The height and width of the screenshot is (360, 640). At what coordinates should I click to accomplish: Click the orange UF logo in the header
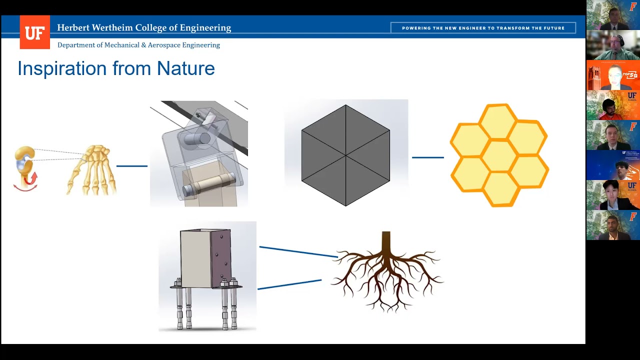(x=34, y=32)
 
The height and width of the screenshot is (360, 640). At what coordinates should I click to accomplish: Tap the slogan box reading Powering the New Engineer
(x=483, y=28)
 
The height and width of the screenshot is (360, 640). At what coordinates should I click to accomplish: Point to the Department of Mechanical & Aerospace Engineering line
(x=138, y=45)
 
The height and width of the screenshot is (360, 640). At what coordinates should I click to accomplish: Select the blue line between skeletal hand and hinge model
(x=132, y=165)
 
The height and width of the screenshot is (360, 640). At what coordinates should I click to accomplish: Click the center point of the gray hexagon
(x=345, y=155)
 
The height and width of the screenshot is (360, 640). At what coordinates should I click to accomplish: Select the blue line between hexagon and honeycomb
(x=427, y=157)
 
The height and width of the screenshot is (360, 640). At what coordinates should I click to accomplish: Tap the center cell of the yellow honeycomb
(x=498, y=155)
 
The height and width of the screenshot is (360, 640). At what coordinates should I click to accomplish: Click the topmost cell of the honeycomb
(x=498, y=121)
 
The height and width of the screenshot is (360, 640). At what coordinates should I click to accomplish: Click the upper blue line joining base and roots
(x=298, y=251)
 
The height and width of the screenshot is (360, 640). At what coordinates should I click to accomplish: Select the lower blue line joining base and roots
(x=289, y=284)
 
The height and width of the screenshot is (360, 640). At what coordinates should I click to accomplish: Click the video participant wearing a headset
(x=613, y=45)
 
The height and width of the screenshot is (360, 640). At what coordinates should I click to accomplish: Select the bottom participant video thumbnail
(x=613, y=225)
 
